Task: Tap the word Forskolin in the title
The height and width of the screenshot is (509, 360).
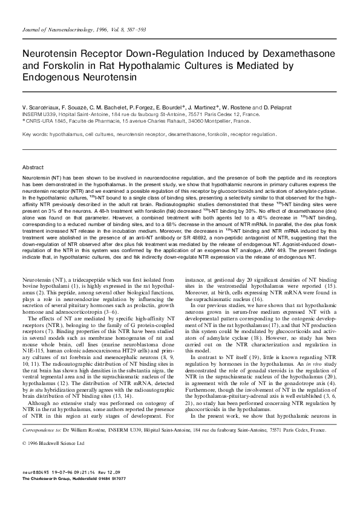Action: coord(61,66)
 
